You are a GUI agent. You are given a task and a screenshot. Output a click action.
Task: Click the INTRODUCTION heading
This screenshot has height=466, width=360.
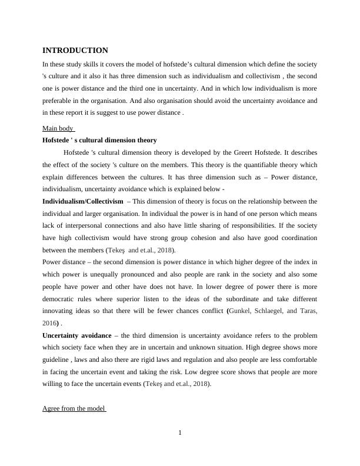tap(75, 51)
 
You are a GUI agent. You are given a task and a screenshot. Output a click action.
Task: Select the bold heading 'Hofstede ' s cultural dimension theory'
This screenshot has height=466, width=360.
tap(99, 140)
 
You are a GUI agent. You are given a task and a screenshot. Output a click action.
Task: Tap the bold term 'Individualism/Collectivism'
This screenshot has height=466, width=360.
tap(82, 202)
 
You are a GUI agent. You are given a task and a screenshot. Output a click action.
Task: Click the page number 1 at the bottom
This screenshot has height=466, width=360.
tap(180, 434)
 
